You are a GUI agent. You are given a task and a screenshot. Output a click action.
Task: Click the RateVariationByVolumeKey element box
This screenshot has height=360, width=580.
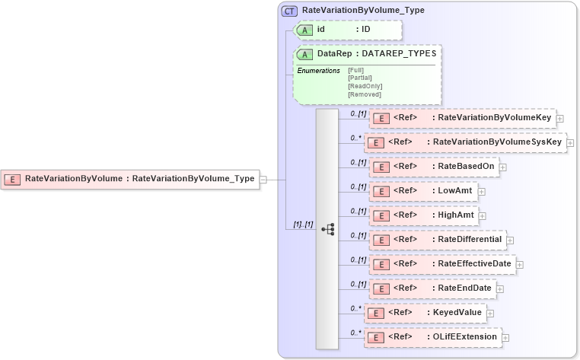point(462,118)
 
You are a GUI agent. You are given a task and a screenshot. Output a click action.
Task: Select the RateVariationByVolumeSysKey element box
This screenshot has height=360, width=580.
point(465,142)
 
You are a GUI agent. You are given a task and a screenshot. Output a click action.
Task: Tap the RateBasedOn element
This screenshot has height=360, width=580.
point(434,167)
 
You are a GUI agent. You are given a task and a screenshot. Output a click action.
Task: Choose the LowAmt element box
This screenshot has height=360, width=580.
point(423,191)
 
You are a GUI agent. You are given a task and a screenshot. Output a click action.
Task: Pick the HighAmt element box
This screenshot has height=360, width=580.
point(424,215)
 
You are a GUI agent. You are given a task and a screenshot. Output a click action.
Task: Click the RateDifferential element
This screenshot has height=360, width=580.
point(438,240)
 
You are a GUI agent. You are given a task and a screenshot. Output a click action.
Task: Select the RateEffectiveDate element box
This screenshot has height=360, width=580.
point(442,264)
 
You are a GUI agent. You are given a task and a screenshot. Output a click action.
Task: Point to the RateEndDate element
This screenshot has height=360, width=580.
point(432,288)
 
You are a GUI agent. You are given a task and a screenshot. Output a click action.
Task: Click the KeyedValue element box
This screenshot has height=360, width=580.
point(425,313)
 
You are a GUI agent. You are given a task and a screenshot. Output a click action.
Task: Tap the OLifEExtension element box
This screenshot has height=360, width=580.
point(432,336)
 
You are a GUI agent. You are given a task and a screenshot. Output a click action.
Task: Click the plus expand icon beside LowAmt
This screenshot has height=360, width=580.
point(482,192)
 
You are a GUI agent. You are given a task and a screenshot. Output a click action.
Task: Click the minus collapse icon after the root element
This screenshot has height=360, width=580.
point(263,180)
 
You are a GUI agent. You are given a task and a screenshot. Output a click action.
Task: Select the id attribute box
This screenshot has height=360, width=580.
point(347,30)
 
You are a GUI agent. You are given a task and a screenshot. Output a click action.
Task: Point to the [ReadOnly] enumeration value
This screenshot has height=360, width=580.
point(365,86)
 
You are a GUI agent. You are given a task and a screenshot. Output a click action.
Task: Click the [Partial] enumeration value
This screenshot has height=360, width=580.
point(359,78)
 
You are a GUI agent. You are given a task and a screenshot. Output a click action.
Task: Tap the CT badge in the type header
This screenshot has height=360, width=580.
point(289,11)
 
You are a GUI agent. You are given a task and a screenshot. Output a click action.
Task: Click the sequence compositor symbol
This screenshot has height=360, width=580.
point(327,228)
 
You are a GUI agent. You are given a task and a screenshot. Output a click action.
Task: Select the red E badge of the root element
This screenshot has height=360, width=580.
point(13,180)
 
